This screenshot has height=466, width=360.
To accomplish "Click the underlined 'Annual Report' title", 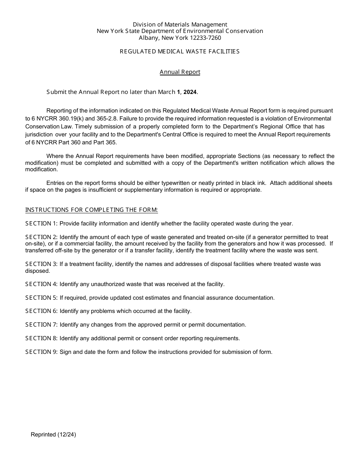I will [x=180, y=72].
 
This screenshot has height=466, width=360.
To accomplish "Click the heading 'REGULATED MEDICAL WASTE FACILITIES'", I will [x=180, y=52].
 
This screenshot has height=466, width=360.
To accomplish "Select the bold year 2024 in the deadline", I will [x=190, y=92].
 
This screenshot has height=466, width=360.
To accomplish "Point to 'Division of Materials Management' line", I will [x=180, y=25].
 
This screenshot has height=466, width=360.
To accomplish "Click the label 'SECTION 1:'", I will [x=41, y=224].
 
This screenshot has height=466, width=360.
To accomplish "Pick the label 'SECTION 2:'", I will [x=41, y=237].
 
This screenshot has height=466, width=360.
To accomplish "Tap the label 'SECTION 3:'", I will [x=41, y=264].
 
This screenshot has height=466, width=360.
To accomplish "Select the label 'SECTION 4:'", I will [x=41, y=284].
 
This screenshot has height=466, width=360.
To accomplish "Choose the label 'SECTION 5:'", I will [x=41, y=298].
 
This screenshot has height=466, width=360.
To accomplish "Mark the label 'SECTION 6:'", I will [x=41, y=311].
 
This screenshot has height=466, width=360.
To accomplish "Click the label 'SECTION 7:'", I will [x=41, y=325].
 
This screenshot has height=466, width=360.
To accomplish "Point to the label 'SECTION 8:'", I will [x=41, y=338].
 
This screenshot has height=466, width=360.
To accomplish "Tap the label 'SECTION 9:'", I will [x=41, y=352].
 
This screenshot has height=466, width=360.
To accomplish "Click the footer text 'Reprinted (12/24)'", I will [x=53, y=435].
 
